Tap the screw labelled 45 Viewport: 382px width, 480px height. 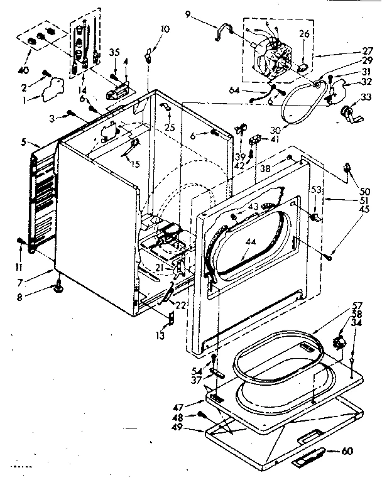click(330, 254)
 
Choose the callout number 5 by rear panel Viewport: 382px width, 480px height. click(23, 143)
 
